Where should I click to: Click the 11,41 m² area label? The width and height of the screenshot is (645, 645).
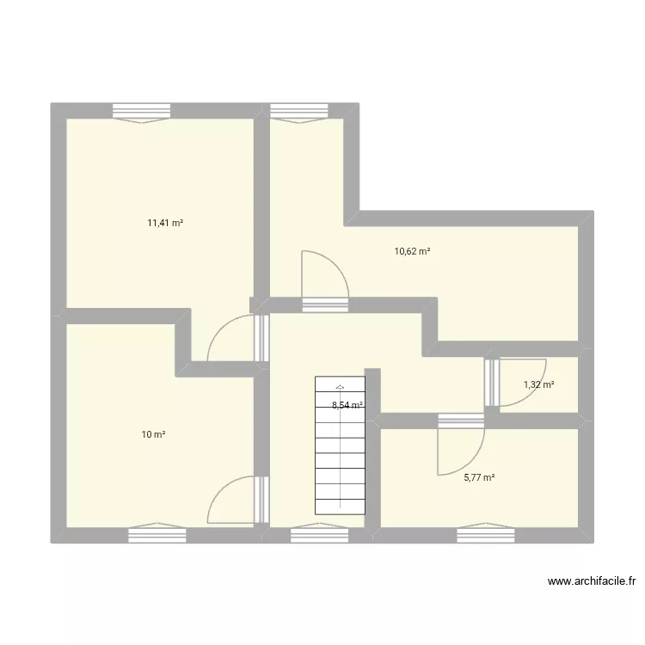[x=165, y=223]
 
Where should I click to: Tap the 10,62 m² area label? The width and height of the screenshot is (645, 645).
[x=412, y=252]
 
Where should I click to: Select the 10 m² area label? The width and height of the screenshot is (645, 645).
[x=153, y=435]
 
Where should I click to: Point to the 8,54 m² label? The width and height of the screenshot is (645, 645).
[x=347, y=405]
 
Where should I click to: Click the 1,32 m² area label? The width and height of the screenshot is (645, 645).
[x=539, y=384]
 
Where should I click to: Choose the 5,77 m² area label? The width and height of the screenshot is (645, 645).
[x=480, y=478]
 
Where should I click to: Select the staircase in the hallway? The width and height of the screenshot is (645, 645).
[x=341, y=447]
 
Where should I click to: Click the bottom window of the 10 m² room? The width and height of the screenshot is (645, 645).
[x=157, y=534]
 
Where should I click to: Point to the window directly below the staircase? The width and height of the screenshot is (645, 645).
[x=319, y=535]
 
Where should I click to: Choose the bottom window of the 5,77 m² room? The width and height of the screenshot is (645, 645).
[x=485, y=535]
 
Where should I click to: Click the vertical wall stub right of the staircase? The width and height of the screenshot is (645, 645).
[x=372, y=447]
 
